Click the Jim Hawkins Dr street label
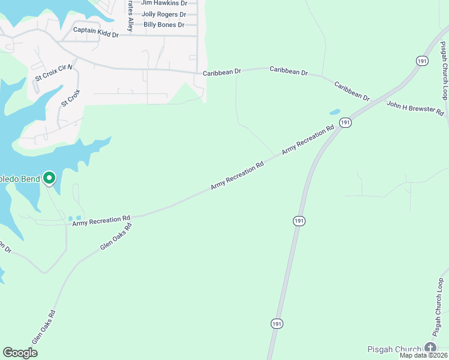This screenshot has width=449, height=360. pyautogui.click(x=164, y=3)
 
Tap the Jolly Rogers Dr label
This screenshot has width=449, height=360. pyautogui.click(x=164, y=14)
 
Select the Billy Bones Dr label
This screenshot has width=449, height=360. pyautogui.click(x=164, y=25)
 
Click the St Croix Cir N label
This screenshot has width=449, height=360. pyautogui.click(x=53, y=73)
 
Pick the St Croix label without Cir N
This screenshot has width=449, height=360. pyautogui.click(x=70, y=98)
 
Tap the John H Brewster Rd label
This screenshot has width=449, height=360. pyautogui.click(x=415, y=108)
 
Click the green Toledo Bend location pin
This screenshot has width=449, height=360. pyautogui.click(x=49, y=178)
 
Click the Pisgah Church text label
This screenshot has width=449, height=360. pyautogui.click(x=394, y=349)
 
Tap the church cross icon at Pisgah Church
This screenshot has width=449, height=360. pyautogui.click(x=430, y=347)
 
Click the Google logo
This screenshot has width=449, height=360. pyautogui.click(x=20, y=353)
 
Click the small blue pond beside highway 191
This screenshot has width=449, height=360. pyautogui.click(x=334, y=112)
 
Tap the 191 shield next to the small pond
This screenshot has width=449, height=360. pyautogui.click(x=345, y=122)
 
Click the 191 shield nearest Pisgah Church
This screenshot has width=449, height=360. pyautogui.click(x=276, y=323)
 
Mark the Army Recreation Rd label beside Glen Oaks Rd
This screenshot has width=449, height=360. pyautogui.click(x=101, y=221)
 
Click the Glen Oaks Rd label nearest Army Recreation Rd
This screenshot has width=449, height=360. pyautogui.click(x=116, y=236)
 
